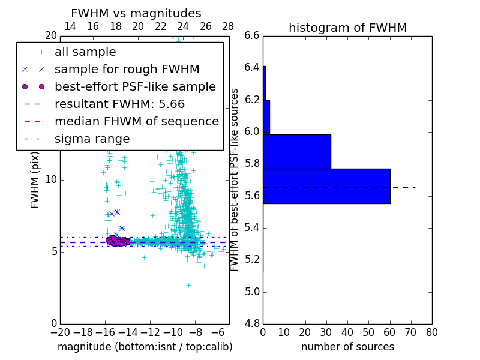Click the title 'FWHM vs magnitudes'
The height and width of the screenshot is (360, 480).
[136, 13]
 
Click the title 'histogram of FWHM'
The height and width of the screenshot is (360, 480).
[347, 28]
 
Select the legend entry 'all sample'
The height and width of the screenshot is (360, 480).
[85, 52]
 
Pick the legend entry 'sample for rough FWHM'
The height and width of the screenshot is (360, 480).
[127, 69]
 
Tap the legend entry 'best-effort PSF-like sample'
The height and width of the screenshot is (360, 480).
[135, 86]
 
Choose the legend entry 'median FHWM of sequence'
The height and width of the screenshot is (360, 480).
[136, 121]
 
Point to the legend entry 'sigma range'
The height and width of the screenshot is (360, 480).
[92, 139]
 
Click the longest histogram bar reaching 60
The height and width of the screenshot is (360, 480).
[326, 186]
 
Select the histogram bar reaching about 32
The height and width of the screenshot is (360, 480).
[297, 151]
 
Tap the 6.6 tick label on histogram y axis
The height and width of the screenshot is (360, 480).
[252, 35]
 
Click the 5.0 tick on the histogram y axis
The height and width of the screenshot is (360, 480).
[252, 292]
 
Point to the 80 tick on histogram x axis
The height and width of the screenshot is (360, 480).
[431, 332]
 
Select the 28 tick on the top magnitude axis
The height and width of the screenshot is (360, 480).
[228, 26]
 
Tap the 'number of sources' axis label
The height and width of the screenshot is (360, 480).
[347, 347]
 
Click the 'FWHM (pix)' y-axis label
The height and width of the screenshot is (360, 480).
[35, 179]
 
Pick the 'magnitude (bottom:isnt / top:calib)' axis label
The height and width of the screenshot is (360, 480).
[145, 347]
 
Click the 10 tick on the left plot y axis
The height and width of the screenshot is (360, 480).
[50, 179]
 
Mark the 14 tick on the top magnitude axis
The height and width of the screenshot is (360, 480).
[70, 26]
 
